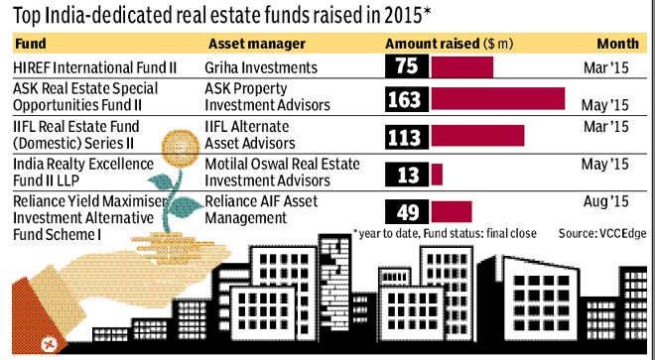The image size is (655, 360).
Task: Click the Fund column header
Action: (x=30, y=44)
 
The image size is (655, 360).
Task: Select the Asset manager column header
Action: (x=257, y=44)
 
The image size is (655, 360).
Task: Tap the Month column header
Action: (x=618, y=44)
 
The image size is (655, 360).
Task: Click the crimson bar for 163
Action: (x=498, y=98)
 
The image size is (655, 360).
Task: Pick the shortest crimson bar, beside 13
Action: (x=437, y=175)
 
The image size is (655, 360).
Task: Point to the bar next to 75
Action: (x=462, y=66)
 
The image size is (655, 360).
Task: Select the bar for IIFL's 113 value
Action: (x=477, y=135)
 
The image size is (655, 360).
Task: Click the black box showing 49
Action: (x=407, y=212)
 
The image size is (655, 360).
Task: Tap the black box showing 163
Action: (x=407, y=99)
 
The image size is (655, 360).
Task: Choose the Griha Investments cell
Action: (x=261, y=67)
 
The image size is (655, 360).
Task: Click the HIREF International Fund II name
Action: (x=95, y=67)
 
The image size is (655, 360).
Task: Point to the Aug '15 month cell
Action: (x=605, y=201)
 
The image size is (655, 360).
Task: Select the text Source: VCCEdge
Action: (x=602, y=233)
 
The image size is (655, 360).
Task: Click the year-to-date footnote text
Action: (x=445, y=233)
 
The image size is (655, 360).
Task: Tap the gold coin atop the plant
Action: (x=181, y=148)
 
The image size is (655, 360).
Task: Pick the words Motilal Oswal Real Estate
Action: (x=282, y=164)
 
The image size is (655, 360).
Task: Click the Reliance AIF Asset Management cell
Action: (x=261, y=209)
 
